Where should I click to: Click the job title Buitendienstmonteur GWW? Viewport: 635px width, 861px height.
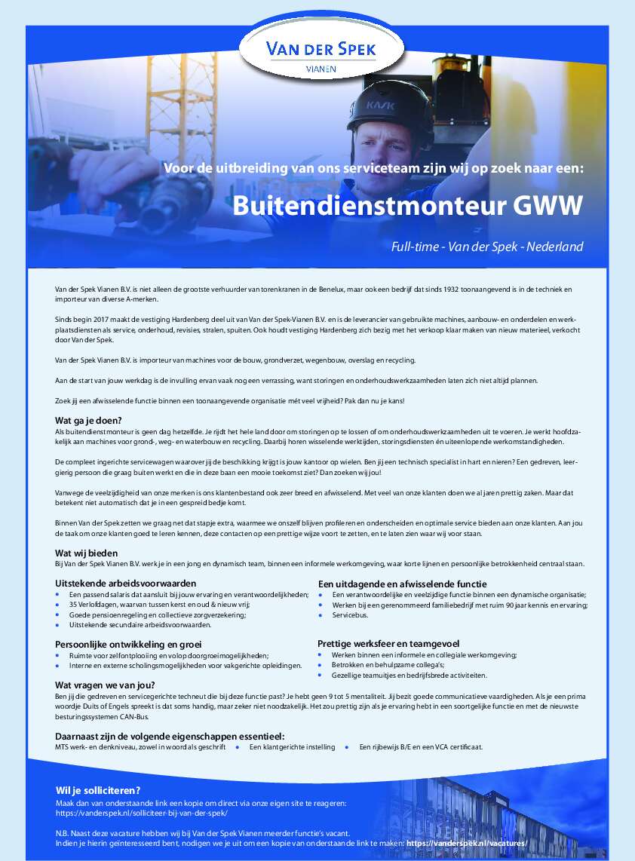pyautogui.click(x=407, y=206)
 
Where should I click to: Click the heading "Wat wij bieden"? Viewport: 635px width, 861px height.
pyautogui.click(x=86, y=553)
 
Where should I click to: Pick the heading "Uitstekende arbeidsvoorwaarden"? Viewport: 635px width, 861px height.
pyautogui.click(x=125, y=584)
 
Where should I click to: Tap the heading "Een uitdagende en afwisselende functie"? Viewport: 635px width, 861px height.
pyautogui.click(x=402, y=584)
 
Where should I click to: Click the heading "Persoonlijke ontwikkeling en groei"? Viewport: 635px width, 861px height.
pyautogui.click(x=128, y=645)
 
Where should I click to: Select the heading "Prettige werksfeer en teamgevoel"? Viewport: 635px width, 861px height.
pyautogui.click(x=388, y=644)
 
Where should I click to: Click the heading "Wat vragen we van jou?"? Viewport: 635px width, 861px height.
pyautogui.click(x=105, y=685)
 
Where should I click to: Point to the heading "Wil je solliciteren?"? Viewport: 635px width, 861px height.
pyautogui.click(x=98, y=790)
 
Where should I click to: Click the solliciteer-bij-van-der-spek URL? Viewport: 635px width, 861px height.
pyautogui.click(x=141, y=814)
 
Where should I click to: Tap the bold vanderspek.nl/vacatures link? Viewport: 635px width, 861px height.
pyautogui.click(x=467, y=843)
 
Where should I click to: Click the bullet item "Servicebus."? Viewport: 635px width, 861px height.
pyautogui.click(x=350, y=615)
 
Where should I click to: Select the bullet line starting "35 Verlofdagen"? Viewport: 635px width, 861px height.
pyautogui.click(x=159, y=605)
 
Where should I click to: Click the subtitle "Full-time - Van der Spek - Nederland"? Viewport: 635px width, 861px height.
pyautogui.click(x=486, y=247)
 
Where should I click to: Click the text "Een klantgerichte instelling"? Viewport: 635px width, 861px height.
pyautogui.click(x=292, y=747)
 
